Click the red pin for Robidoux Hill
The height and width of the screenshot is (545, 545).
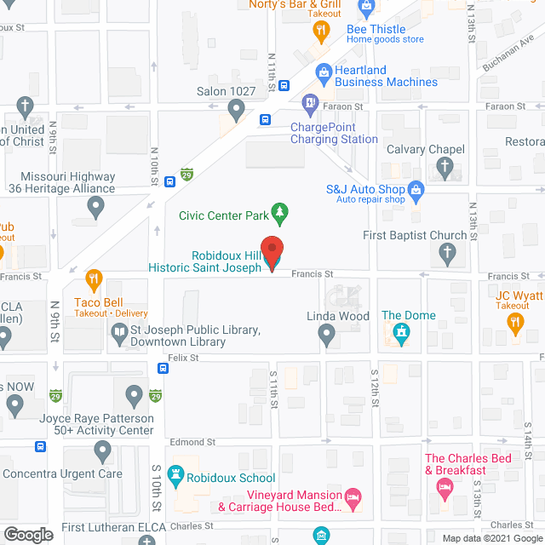[272, 252]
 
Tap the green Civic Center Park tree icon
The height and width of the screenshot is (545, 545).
[278, 210]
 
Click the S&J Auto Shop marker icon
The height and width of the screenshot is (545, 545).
[416, 189]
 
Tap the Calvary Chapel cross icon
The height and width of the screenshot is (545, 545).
[445, 168]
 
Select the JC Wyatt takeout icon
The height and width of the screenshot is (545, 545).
[514, 322]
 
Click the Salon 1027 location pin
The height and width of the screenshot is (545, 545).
[237, 109]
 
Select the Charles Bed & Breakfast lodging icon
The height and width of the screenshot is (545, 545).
[444, 487]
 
